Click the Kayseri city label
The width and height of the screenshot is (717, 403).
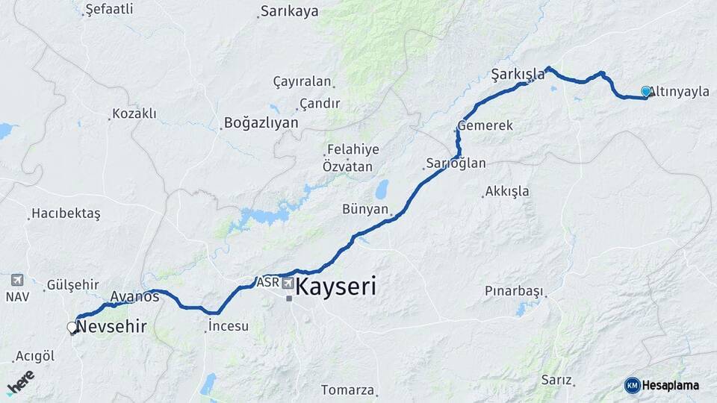(x=336, y=287)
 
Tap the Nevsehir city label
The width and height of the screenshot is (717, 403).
(x=111, y=326)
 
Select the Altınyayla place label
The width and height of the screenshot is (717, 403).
(x=679, y=92)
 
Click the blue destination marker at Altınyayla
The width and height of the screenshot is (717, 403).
(x=646, y=91)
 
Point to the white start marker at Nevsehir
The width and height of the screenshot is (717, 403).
(x=72, y=327)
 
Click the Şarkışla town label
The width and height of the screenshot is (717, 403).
(x=518, y=74)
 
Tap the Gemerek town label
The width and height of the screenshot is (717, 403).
(x=485, y=125)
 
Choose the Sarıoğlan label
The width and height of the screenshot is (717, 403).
(x=456, y=163)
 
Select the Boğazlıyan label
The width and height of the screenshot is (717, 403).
(x=261, y=123)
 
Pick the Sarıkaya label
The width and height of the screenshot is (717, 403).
(x=289, y=11)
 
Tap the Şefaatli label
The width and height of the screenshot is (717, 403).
(x=109, y=9)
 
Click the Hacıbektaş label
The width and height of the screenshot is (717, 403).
(x=66, y=214)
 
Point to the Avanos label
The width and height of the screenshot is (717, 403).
(x=134, y=297)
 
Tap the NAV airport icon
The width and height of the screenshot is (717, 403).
(x=17, y=281)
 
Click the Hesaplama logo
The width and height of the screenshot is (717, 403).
(x=662, y=385)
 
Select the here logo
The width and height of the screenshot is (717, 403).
(x=20, y=381)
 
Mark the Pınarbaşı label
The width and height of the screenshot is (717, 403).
(x=512, y=290)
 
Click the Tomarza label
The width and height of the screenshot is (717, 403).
(x=347, y=390)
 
